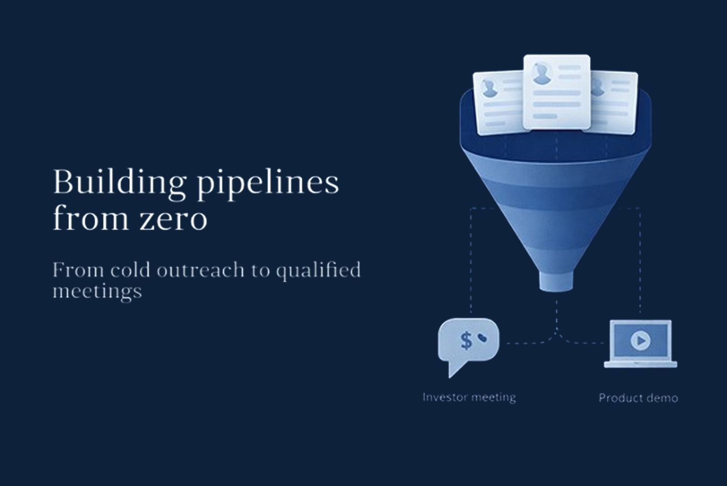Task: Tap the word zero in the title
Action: pos(173,218)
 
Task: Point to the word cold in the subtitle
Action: pos(131,270)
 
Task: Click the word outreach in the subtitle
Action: pos(200,270)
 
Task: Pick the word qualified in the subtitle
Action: pos(318,271)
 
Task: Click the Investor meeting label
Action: pos(469,397)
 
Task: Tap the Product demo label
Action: pos(638,398)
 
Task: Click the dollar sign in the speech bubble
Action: pos(466,340)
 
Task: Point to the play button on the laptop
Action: pos(640,341)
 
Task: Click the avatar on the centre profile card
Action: pos(541,73)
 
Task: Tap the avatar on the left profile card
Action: pos(490,88)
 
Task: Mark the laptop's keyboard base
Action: pos(640,364)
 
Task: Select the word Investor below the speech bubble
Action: pos(444,397)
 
